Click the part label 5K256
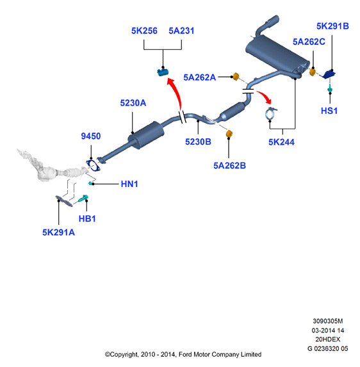click(144, 31)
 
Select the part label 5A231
click(181, 31)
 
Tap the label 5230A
click(133, 102)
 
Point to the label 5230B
click(198, 142)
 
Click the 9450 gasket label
click(91, 136)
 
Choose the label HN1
click(129, 184)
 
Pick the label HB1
click(87, 218)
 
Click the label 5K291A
click(58, 232)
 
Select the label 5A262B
click(229, 165)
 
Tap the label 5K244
click(281, 142)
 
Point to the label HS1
click(329, 111)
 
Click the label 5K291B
click(332, 26)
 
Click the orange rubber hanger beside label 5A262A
click(236, 76)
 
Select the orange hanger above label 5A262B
click(229, 134)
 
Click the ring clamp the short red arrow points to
click(270, 113)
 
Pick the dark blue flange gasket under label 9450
click(93, 165)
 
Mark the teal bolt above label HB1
click(83, 199)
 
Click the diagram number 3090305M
click(328, 321)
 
